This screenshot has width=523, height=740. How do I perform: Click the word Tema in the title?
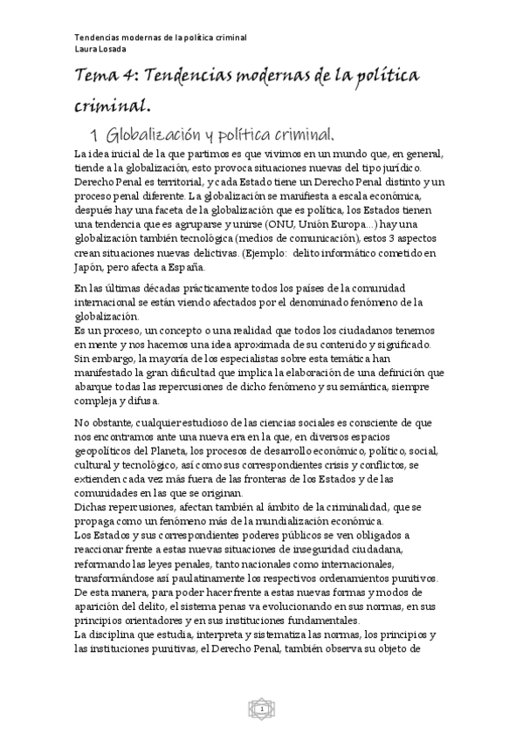(x=96, y=77)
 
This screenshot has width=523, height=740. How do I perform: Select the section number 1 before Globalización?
(x=93, y=134)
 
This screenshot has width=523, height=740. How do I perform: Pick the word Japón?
(x=90, y=267)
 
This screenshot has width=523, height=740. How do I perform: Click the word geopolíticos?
(x=106, y=451)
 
